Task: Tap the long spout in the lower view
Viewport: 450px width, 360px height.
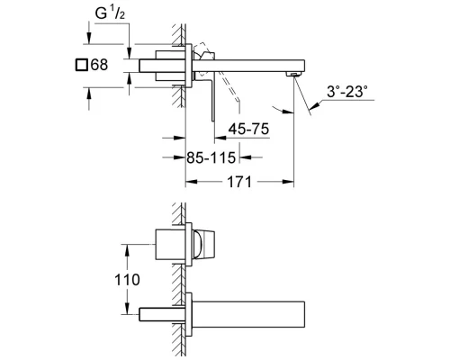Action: coord(247,312)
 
